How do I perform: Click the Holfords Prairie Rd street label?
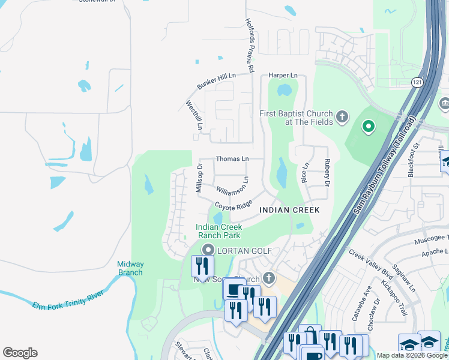coord(250,46)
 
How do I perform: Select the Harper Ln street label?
coord(283,75)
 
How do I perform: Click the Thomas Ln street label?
coord(232,159)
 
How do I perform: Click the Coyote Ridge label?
coord(234,206)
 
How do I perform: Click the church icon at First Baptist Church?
coord(342,116)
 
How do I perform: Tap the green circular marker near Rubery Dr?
coord(368,127)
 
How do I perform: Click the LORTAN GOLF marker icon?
coord(208,250)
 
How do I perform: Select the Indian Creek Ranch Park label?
coord(218,231)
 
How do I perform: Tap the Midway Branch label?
coord(130,268)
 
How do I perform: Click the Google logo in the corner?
coord(20,353)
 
